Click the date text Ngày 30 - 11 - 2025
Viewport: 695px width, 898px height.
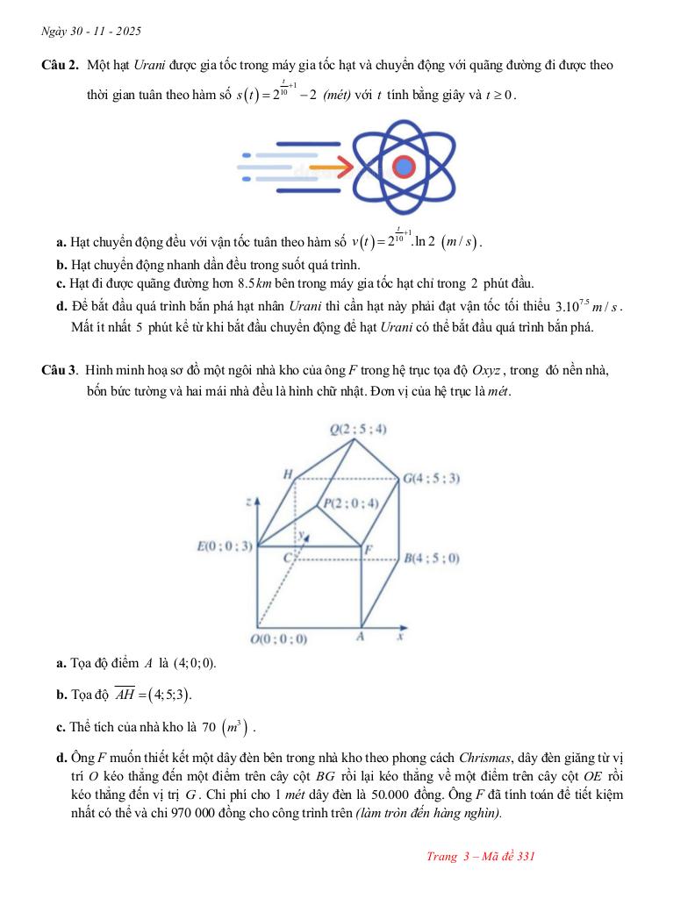point(91,32)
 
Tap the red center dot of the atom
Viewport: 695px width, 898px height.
point(403,166)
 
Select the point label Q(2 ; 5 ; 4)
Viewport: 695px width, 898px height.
point(358,429)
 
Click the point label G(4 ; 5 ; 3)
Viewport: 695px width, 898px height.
point(431,479)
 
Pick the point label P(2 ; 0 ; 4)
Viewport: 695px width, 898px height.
point(350,503)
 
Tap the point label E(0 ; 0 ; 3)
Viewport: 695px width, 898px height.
point(225,546)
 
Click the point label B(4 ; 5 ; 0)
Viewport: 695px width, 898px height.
point(431,558)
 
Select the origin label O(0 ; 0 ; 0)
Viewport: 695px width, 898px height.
point(278,639)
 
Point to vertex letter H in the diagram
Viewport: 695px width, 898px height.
point(287,474)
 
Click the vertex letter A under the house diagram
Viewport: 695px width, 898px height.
point(360,638)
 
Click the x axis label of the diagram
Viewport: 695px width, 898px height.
point(399,638)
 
